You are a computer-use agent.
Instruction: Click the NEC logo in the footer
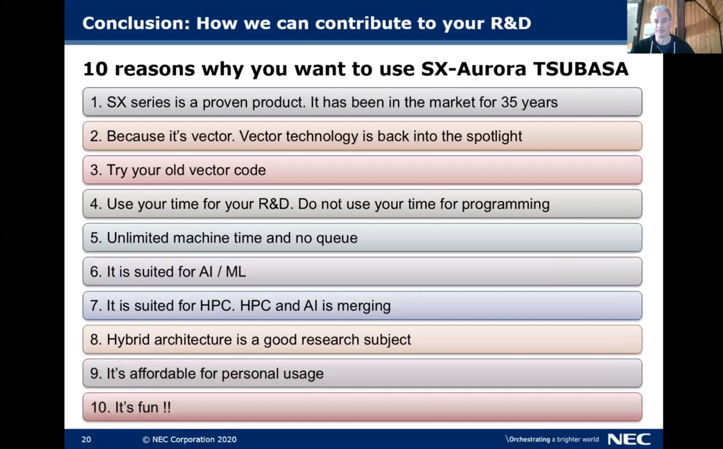(629, 439)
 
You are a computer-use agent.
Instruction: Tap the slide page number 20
(86, 439)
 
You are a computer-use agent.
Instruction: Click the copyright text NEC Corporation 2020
(190, 439)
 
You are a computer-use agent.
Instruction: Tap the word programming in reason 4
(506, 204)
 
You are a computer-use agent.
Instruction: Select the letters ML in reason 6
(235, 272)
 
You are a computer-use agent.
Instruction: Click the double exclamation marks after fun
(166, 407)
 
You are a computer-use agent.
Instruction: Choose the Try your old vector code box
(362, 170)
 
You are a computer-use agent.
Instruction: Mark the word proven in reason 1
(225, 103)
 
